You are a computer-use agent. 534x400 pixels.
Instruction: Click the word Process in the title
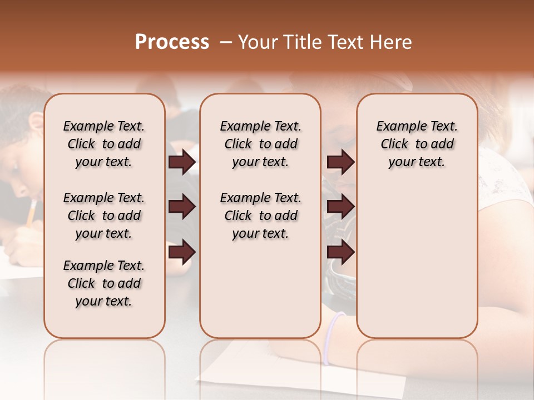tap(172, 42)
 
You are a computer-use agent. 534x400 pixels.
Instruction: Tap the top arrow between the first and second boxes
tap(182, 162)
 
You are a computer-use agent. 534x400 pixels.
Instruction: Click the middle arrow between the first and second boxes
tap(182, 207)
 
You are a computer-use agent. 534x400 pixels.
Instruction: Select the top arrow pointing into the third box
tap(340, 162)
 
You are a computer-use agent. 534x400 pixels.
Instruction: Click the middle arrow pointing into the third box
tap(340, 207)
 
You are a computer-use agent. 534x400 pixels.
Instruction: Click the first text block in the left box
tap(104, 144)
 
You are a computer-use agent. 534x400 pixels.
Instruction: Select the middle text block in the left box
tap(104, 216)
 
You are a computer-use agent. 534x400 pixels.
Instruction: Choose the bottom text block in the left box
tap(104, 283)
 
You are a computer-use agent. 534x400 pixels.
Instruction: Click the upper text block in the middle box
tap(260, 144)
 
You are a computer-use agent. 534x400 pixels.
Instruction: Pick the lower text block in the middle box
tap(260, 216)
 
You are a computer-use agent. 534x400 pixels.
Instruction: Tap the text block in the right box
tap(417, 144)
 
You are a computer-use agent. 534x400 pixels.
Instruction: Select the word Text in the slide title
tap(345, 42)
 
